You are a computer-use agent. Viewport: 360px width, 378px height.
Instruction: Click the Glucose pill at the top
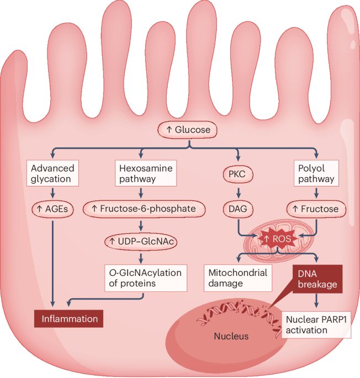pyautogui.click(x=187, y=130)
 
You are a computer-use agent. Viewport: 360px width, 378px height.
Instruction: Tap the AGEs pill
pyautogui.click(x=52, y=209)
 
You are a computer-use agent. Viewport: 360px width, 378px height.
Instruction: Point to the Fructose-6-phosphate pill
pyautogui.click(x=144, y=209)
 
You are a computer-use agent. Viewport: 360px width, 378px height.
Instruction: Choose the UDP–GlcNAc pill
pyautogui.click(x=144, y=241)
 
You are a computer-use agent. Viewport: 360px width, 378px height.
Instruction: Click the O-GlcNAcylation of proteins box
pyautogui.click(x=144, y=278)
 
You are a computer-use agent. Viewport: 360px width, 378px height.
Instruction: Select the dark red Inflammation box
pyautogui.click(x=68, y=318)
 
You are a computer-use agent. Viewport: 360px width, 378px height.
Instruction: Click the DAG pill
pyautogui.click(x=239, y=209)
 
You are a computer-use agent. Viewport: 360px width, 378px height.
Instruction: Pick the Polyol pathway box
pyautogui.click(x=316, y=172)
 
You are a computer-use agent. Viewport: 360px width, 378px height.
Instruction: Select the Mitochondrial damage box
pyautogui.click(x=239, y=278)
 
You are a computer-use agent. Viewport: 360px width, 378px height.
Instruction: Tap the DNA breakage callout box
pyautogui.click(x=316, y=278)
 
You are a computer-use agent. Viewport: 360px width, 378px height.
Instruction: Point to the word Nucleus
pyautogui.click(x=232, y=336)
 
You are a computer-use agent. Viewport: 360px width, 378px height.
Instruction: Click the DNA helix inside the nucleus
pyautogui.click(x=237, y=316)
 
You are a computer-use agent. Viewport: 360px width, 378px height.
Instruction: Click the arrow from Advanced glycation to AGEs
pyautogui.click(x=52, y=191)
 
